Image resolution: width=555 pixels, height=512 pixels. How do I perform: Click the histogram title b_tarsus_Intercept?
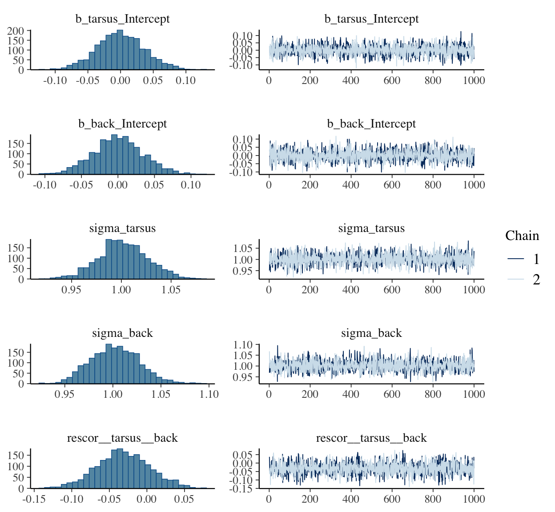122,19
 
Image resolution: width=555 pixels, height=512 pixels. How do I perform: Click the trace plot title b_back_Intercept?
371,124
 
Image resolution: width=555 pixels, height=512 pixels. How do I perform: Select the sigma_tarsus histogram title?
122,228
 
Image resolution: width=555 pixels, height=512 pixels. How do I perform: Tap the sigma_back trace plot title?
371,333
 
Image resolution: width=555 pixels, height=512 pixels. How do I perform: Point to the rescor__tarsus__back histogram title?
122,438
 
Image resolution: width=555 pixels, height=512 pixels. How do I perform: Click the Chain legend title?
522,236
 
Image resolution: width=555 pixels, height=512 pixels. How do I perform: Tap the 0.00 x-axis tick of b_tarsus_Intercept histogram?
120,80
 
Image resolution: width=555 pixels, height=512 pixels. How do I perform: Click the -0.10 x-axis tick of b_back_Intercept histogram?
44,185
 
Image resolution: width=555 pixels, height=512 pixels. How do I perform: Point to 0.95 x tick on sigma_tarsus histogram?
71,290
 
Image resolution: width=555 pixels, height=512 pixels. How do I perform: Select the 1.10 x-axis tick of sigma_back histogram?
209,394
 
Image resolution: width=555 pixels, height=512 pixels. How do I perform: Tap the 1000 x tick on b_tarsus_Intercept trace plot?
474,80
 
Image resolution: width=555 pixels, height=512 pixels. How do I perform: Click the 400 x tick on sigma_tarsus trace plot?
351,290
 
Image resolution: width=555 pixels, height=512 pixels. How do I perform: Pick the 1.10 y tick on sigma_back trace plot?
243,345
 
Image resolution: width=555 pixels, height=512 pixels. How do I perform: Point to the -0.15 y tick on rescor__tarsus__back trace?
242,488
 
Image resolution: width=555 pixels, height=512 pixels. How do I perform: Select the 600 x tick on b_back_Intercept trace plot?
392,185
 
